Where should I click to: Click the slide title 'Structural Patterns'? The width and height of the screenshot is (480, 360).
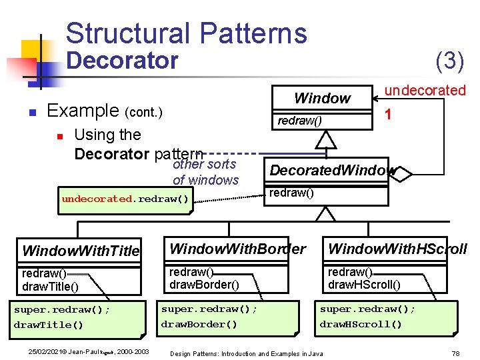186,33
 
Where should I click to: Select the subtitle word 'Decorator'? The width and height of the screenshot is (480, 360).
123,61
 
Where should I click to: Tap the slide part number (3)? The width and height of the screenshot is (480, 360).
449,61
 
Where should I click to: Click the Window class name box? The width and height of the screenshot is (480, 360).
322,99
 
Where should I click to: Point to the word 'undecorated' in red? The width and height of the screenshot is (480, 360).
425,90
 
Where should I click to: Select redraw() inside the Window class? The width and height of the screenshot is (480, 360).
299,120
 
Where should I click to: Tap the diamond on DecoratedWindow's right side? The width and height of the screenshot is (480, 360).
403,172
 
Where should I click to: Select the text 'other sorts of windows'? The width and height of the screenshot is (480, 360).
205,172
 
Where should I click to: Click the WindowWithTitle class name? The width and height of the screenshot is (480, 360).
81,251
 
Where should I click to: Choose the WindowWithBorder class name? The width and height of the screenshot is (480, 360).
237,249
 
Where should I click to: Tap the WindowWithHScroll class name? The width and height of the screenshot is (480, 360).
397,249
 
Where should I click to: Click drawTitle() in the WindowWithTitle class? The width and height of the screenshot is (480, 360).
50,287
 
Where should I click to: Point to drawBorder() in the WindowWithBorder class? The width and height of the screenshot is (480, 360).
203,285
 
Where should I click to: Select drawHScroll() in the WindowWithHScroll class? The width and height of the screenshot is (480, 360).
364,285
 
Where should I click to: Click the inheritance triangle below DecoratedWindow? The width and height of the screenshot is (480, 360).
325,214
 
